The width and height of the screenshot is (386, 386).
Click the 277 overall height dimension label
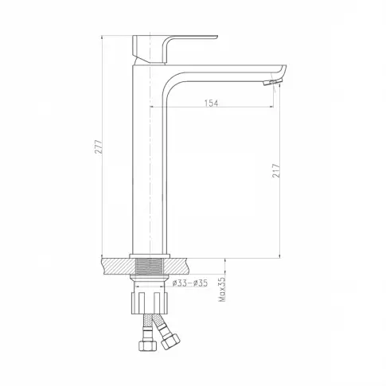coord(99,146)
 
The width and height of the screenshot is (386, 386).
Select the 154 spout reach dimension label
coord(211,103)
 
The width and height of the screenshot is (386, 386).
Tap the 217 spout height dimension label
coord(276,171)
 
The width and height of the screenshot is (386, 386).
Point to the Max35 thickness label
coord(222,290)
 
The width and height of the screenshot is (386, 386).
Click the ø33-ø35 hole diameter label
coord(189,283)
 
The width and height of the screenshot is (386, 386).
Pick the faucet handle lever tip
coord(216,37)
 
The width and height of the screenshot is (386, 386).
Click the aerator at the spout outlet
coord(268,83)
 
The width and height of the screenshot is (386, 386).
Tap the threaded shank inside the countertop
coord(150,266)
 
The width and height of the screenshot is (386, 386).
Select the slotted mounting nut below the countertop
coord(150,303)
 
